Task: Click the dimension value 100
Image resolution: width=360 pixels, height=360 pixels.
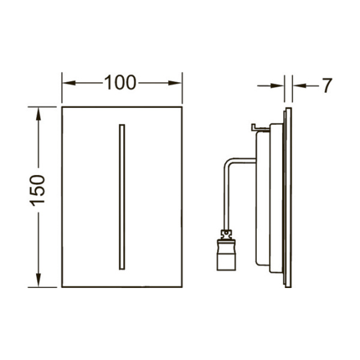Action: [121, 82]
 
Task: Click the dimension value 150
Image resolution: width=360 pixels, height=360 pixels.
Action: [37, 190]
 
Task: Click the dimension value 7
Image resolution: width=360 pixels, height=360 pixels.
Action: [327, 85]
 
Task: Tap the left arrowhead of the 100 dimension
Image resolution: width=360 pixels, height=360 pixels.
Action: [69, 83]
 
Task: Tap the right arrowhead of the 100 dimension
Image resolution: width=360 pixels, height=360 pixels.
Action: [175, 83]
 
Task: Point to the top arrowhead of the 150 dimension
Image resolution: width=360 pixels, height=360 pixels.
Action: [38, 114]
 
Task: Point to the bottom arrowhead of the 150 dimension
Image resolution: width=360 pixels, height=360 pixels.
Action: [38, 280]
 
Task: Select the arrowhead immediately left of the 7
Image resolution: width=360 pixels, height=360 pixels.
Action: [300, 86]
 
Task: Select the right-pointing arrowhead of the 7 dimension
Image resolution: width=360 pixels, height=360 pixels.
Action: [277, 86]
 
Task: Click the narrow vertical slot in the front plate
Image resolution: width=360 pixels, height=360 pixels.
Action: [122, 197]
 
